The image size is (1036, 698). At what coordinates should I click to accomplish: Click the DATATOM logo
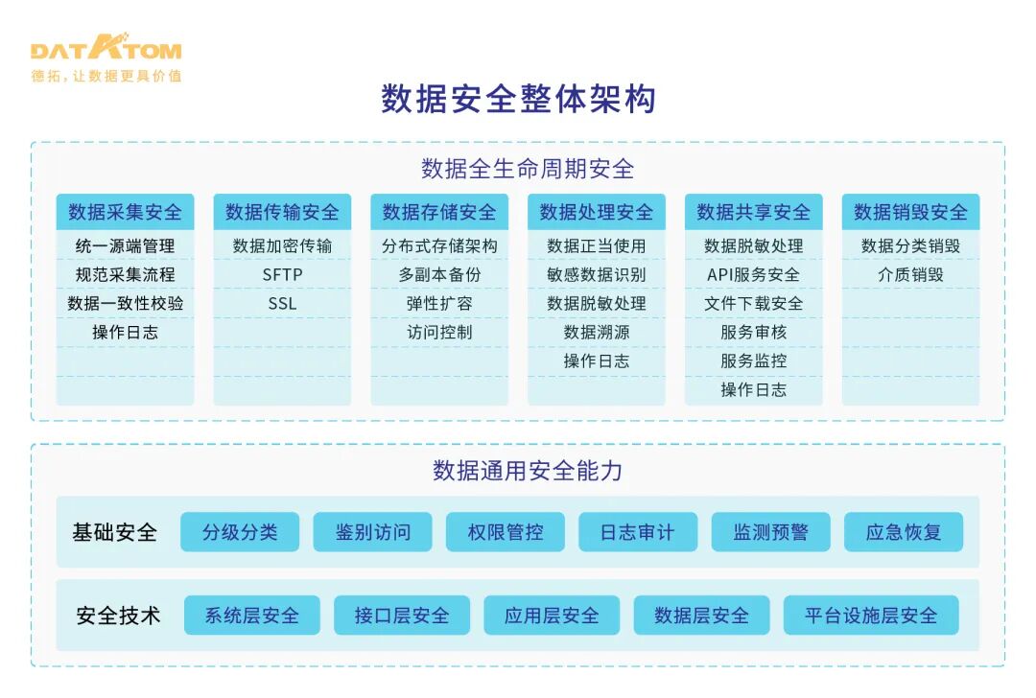click(x=106, y=52)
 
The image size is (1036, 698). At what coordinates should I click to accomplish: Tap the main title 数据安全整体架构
click(x=518, y=100)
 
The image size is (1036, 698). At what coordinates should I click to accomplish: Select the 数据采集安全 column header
click(x=125, y=212)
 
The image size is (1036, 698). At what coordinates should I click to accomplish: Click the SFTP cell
click(x=282, y=275)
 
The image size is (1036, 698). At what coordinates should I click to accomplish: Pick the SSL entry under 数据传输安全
click(x=282, y=304)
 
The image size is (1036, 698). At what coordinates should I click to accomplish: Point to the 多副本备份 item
click(x=439, y=275)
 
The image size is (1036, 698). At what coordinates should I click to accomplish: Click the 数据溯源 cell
click(x=597, y=333)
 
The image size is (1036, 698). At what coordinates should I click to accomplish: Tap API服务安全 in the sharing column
click(x=753, y=275)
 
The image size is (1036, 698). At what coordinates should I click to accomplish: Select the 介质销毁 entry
click(x=910, y=275)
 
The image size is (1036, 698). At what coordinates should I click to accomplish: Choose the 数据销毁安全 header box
click(x=910, y=212)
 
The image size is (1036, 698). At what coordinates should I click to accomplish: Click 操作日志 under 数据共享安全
click(x=753, y=390)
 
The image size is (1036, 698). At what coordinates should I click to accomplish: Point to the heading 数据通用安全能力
click(x=528, y=471)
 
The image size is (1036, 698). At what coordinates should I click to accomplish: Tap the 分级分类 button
click(x=240, y=532)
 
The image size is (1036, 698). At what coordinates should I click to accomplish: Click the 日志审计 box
click(x=638, y=532)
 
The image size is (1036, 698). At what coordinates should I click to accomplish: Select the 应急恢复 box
click(x=904, y=532)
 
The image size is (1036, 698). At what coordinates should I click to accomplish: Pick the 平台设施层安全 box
click(x=871, y=616)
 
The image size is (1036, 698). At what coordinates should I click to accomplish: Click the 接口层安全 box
click(x=402, y=616)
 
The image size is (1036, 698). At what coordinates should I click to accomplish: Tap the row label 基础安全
click(x=114, y=532)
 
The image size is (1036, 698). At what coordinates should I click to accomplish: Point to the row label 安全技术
click(x=118, y=616)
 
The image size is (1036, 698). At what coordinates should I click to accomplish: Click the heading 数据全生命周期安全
click(x=528, y=169)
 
